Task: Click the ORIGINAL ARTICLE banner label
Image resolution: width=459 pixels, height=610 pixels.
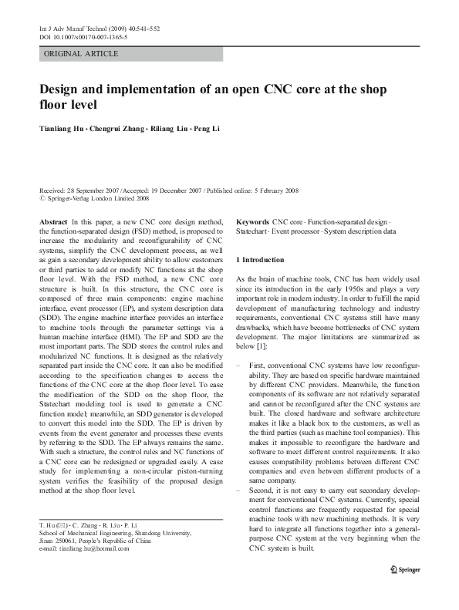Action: point(81,54)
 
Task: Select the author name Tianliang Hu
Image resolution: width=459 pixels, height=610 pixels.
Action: point(62,128)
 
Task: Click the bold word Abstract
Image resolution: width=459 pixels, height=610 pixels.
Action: point(52,221)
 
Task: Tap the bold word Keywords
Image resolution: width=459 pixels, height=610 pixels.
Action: point(252,221)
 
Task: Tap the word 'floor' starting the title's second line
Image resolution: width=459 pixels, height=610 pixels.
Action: point(50,103)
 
